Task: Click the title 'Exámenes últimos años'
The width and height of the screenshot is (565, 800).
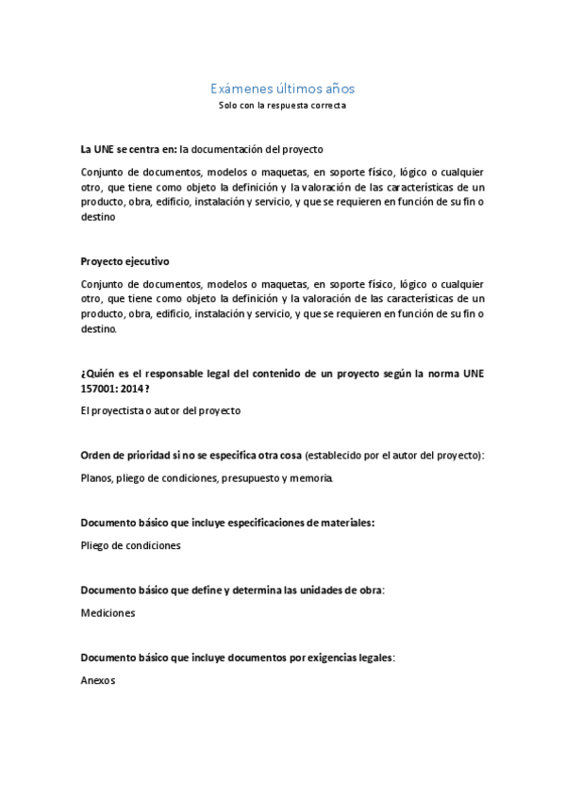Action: [282, 89]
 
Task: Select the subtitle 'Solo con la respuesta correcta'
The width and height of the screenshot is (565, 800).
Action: [282, 106]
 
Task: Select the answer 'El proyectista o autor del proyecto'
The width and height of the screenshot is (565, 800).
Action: [160, 410]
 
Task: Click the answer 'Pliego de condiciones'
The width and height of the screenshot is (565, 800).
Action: [130, 545]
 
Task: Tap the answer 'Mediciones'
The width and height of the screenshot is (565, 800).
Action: [108, 612]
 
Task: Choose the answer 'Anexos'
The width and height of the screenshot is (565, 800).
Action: [98, 679]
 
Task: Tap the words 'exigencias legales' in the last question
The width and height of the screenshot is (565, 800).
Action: [353, 657]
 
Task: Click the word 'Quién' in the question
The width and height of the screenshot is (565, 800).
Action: [98, 373]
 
